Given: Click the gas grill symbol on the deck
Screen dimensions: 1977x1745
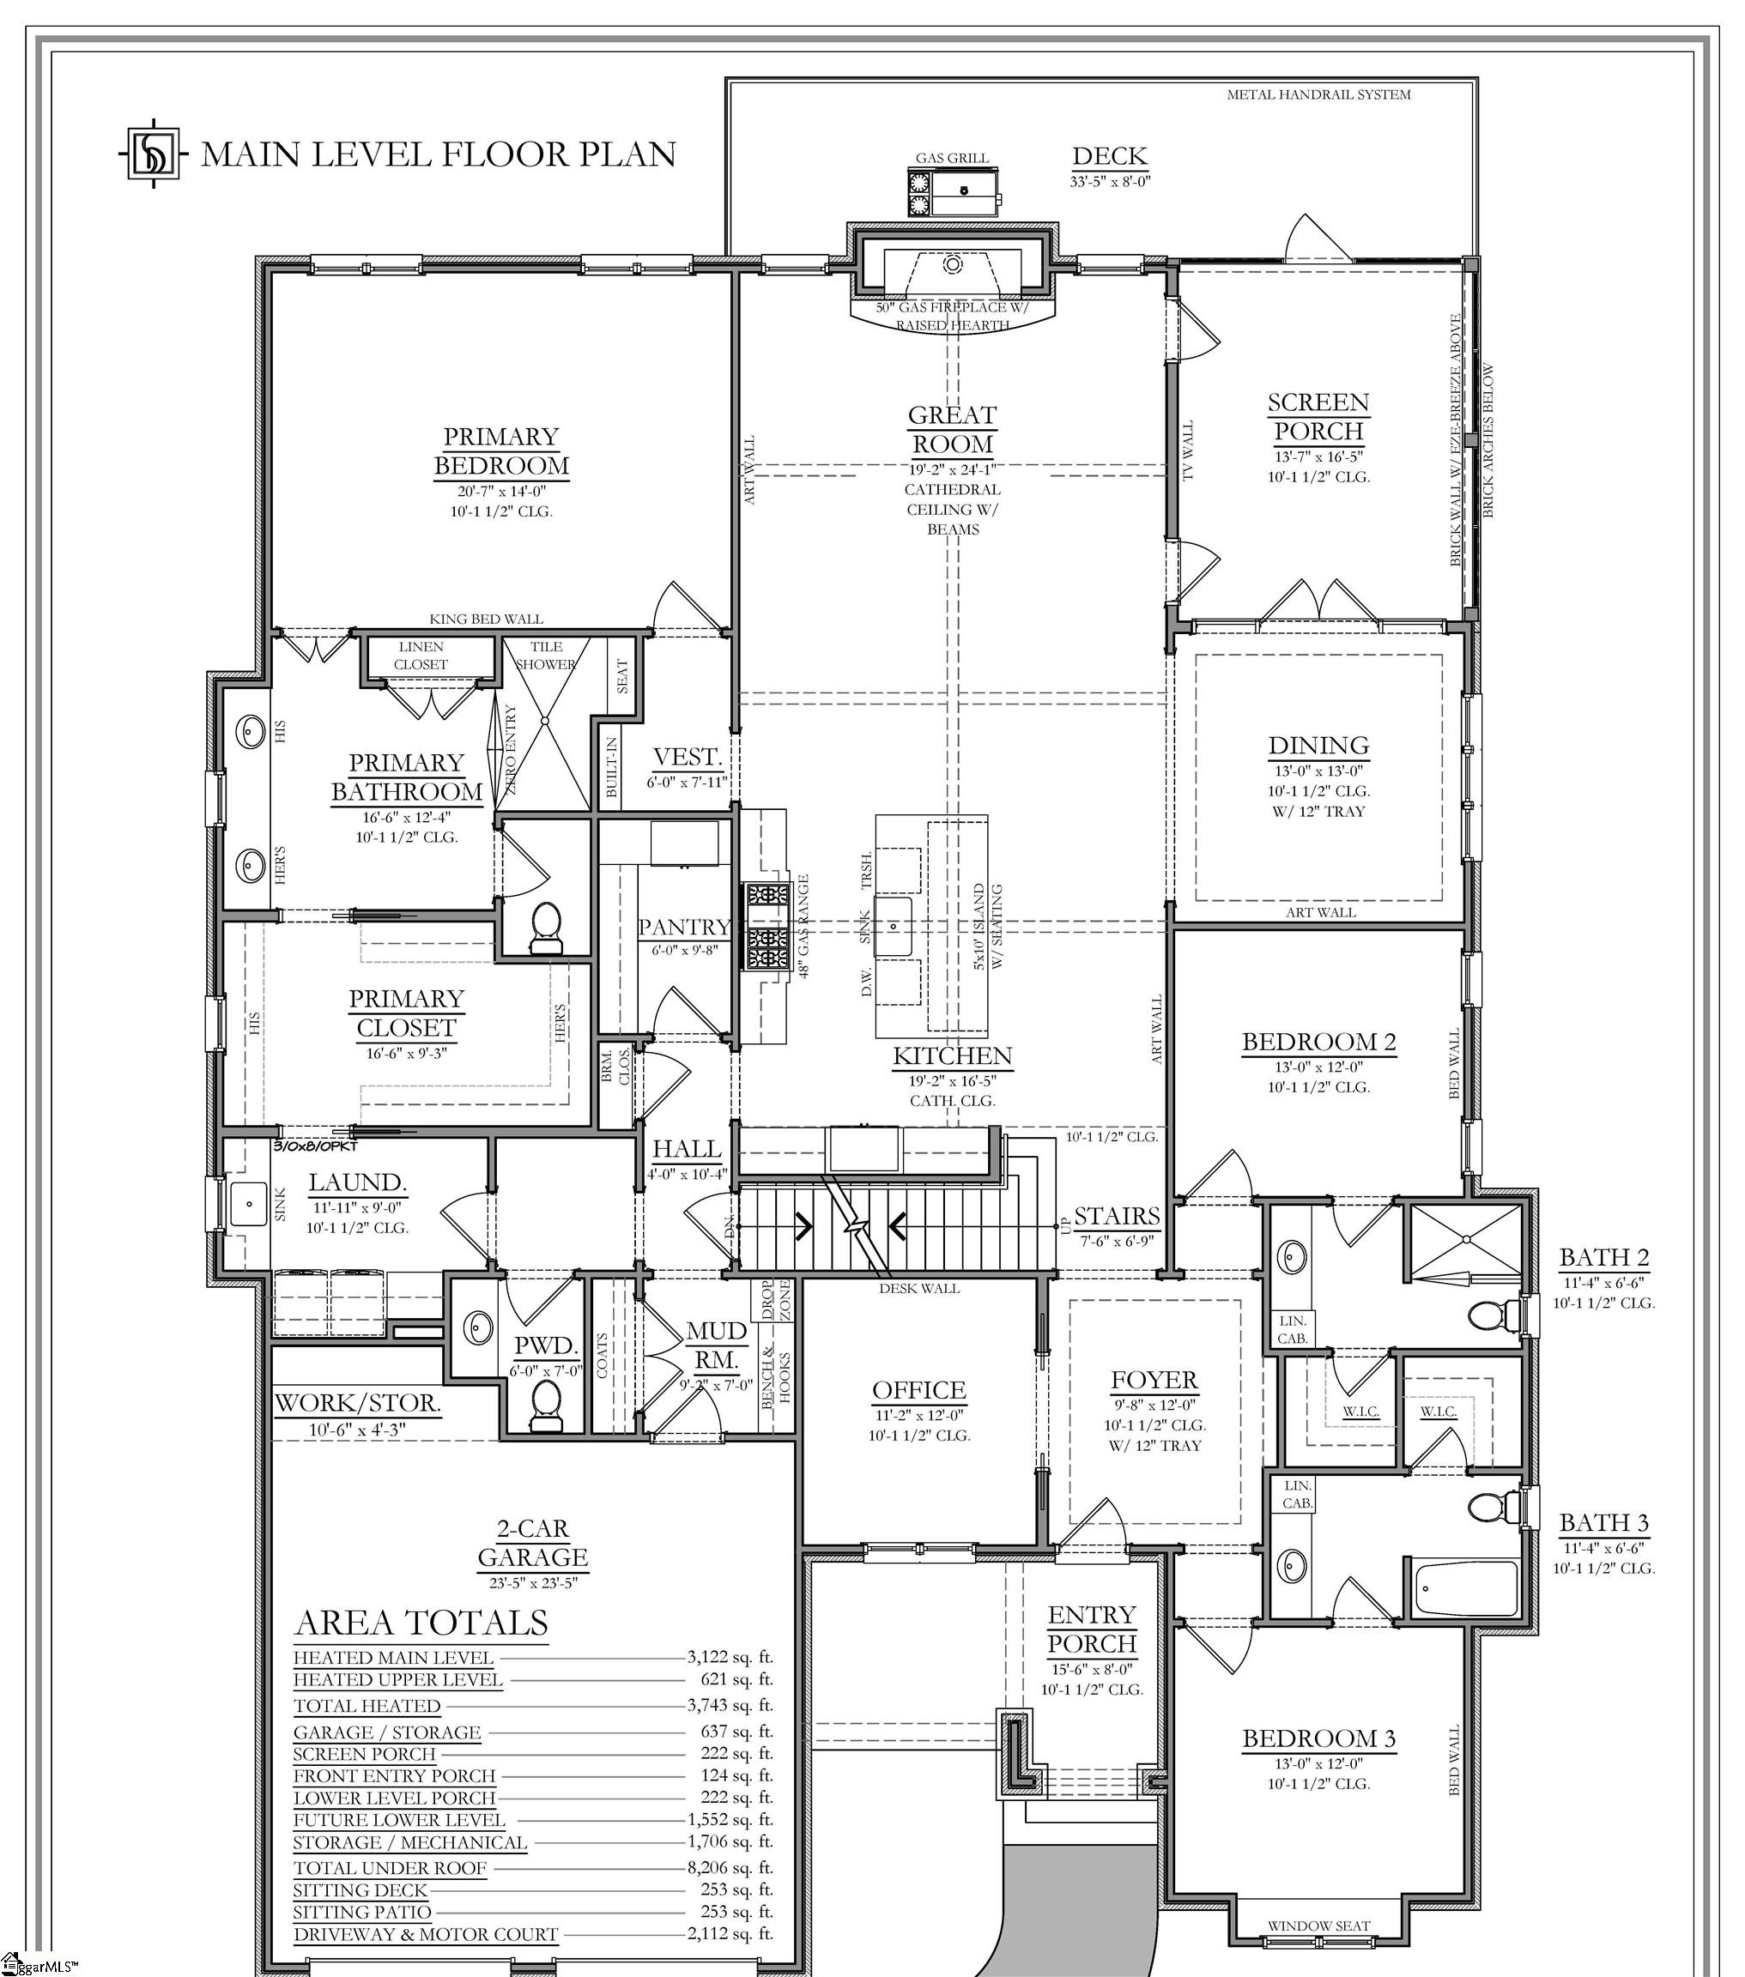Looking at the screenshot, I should tap(953, 191).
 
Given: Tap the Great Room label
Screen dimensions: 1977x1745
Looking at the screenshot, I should tap(952, 429).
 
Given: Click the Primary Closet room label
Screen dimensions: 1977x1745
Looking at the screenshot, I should tap(406, 1013).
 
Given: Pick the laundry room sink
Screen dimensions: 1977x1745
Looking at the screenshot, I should tap(249, 1204).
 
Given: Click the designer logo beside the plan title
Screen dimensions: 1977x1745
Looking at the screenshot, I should tap(154, 153).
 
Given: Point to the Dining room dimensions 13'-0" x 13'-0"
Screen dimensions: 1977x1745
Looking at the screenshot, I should tap(1318, 771).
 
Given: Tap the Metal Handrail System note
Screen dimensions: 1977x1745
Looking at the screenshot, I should tap(1318, 94).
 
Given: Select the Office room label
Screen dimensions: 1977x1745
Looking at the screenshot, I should tap(919, 1390).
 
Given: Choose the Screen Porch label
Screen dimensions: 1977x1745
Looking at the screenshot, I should tap(1318, 416).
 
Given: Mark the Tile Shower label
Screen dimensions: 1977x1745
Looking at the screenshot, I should tap(546, 655).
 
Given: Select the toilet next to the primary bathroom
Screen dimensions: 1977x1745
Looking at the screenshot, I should tap(547, 926).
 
